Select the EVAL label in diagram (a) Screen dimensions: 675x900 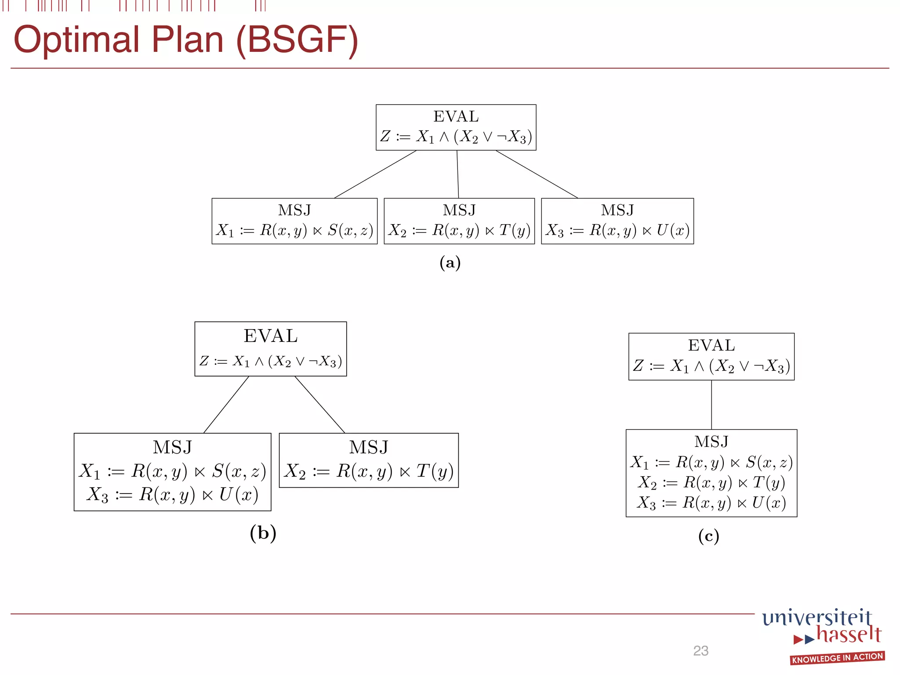point(456,116)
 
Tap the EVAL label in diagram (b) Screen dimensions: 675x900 point(271,336)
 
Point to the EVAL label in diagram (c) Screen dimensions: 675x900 point(711,345)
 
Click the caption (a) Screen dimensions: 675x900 point(450,263)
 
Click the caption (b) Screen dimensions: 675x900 point(263,533)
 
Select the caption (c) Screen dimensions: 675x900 point(708,536)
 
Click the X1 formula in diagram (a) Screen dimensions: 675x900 point(294,230)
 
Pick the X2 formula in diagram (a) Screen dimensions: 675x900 point(459,230)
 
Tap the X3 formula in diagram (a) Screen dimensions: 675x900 point(617,230)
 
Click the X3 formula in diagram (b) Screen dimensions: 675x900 point(172,495)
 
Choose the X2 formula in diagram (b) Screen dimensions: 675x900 point(369,472)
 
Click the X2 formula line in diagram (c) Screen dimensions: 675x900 point(711,483)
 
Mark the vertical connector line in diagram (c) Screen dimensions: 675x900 point(711,404)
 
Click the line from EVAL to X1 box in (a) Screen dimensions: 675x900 point(376,174)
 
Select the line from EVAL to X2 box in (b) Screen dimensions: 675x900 point(319,404)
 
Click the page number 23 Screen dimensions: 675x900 point(700,651)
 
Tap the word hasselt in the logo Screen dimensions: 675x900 point(849,635)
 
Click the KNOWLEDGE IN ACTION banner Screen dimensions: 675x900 point(837,658)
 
